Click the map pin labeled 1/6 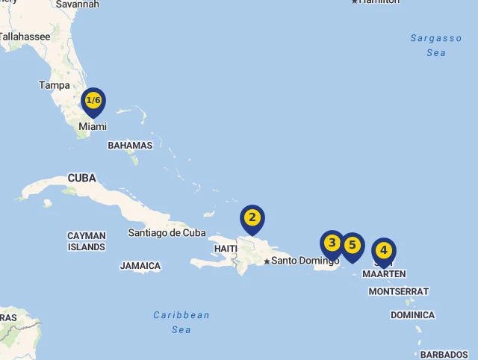coord(93,101)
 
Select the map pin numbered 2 coord(252,218)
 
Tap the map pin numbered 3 coord(332,243)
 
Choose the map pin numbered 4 coord(383,251)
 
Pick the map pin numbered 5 coord(353,245)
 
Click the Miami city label coord(93,127)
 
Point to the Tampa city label coord(55,85)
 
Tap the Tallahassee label coord(25,36)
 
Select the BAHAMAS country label coord(130,146)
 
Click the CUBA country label coord(81,179)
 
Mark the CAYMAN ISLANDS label coord(87,241)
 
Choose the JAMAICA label coord(140,266)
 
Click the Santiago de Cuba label coord(167,233)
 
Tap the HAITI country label coord(226,249)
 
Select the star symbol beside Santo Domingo coord(267,261)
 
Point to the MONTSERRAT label coord(399,291)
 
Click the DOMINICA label coord(412,315)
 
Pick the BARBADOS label coord(444,355)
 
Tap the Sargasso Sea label coord(436,45)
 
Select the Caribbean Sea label coord(181,322)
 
